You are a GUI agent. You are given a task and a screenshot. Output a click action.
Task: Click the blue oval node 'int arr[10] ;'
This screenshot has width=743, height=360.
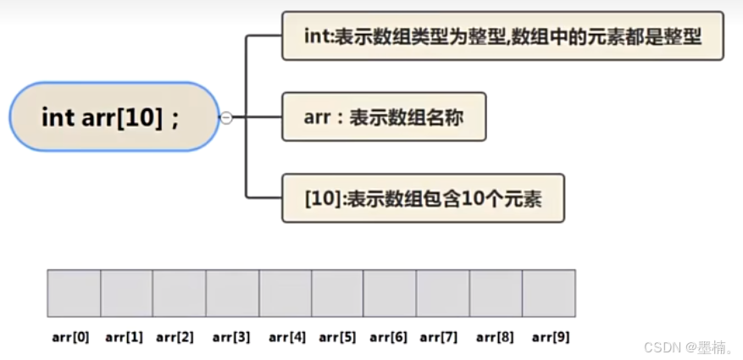(114, 117)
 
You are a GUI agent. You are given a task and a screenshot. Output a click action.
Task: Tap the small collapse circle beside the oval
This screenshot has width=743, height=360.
(226, 118)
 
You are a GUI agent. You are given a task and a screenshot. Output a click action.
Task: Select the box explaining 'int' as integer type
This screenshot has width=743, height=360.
(502, 36)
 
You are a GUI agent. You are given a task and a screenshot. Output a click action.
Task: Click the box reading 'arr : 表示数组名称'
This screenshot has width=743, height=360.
(384, 117)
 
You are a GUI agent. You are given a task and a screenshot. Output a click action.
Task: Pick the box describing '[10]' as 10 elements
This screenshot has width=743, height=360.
(423, 199)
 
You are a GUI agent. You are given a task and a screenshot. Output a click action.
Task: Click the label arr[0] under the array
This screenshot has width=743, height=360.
(70, 337)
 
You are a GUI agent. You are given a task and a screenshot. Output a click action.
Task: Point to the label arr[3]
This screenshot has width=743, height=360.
(231, 337)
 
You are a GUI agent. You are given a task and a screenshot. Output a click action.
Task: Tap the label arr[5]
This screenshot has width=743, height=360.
(337, 337)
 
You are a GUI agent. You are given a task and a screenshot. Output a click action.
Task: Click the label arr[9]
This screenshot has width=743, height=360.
(551, 337)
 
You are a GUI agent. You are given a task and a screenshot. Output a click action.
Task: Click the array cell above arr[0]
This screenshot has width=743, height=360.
(74, 293)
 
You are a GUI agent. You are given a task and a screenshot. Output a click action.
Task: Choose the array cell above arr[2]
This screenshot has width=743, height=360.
(179, 293)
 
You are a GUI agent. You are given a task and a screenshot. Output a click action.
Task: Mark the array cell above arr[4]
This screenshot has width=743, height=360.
(285, 293)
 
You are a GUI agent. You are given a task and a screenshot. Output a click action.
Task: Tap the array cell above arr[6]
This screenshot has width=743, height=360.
(390, 293)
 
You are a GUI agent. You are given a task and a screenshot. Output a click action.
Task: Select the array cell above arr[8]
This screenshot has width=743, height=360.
(496, 293)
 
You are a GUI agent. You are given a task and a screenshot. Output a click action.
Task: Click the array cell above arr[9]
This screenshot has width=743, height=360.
(549, 293)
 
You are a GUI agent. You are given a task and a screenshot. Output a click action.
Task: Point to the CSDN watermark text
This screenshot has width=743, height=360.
(688, 347)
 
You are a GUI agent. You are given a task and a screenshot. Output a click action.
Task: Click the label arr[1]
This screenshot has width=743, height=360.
(124, 337)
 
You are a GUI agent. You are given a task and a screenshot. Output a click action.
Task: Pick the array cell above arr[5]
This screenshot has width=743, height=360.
(337, 293)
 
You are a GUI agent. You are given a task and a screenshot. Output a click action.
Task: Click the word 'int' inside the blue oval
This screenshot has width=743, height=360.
(58, 117)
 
